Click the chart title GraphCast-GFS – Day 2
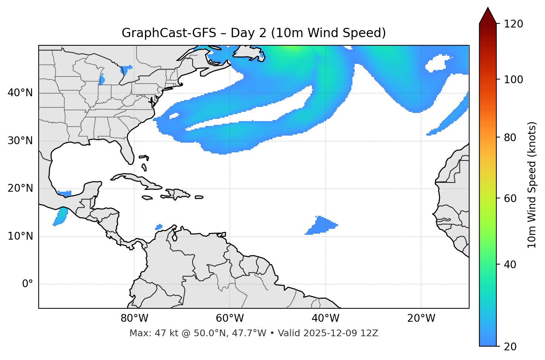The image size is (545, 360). [x=254, y=33]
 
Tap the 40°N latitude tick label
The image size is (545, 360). [x=20, y=93]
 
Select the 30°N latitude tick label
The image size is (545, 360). [x=20, y=141]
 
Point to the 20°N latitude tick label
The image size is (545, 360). [x=20, y=188]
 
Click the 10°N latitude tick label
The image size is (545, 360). [x=20, y=236]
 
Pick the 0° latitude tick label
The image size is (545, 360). [x=28, y=284]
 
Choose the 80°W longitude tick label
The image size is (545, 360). [x=134, y=318]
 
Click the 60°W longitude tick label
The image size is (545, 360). [x=230, y=318]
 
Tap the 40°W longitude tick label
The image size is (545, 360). [x=325, y=318]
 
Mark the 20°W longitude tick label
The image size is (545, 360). [x=421, y=318]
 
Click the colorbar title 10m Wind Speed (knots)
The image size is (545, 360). [x=532, y=185]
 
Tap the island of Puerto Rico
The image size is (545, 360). [x=199, y=197]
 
